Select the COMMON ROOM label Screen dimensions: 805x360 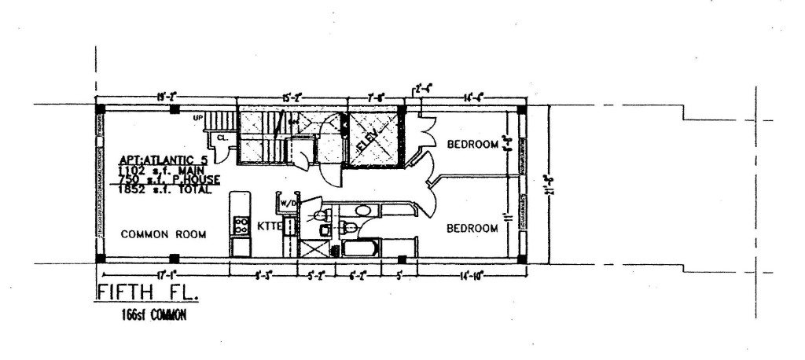(x=164, y=234)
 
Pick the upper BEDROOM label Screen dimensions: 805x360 (x=473, y=144)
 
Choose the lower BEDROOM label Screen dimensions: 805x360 (x=473, y=229)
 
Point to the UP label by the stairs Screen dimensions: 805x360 (x=198, y=118)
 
